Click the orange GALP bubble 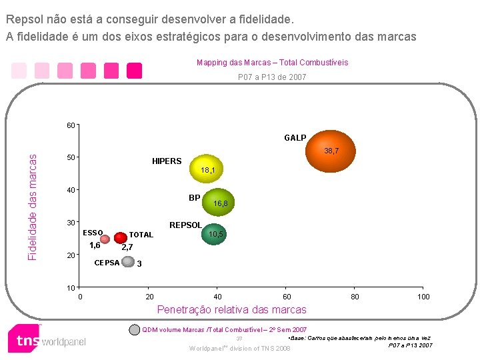(x=331, y=151)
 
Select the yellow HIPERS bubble (x=206, y=169)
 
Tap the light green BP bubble (x=218, y=202)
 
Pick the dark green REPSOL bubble (x=214, y=234)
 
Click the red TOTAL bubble (x=121, y=237)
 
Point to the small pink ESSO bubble (x=105, y=239)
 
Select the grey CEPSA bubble (x=128, y=261)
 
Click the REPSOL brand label (x=185, y=225)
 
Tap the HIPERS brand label (x=167, y=161)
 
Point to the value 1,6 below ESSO (x=95, y=245)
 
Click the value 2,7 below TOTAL (x=127, y=247)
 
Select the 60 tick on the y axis (x=71, y=125)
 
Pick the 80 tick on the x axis (x=355, y=297)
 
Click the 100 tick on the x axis (x=423, y=297)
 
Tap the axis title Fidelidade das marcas (x=32, y=207)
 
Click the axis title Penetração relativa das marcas (x=232, y=309)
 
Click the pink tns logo (x=24, y=339)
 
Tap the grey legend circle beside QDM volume (x=135, y=330)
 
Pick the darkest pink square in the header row (x=135, y=71)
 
